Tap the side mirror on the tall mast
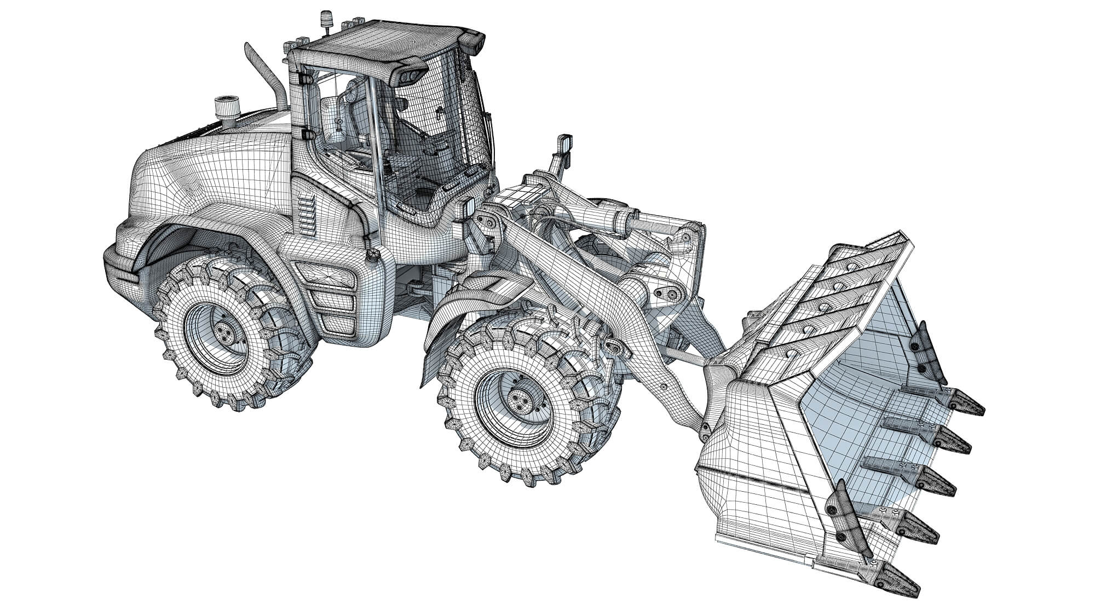[564, 147]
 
